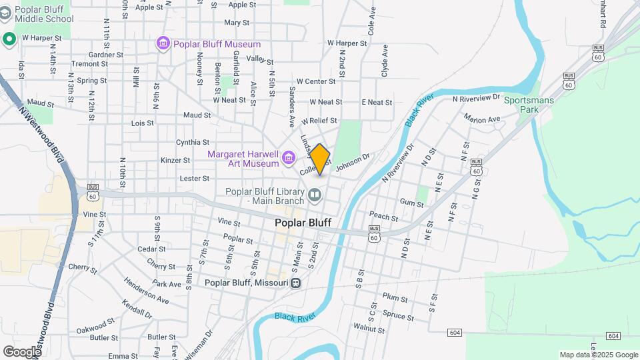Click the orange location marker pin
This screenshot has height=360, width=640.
point(320,159)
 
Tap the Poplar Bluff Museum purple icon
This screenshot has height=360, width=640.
point(163,44)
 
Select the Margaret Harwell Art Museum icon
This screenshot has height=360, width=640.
point(289,158)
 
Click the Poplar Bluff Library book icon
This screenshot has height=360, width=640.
point(315,196)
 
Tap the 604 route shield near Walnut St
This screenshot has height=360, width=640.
point(455,332)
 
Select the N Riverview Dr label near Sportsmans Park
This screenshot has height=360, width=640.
point(476,99)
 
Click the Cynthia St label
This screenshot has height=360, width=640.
point(193,142)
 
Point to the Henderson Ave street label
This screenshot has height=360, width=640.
point(146,291)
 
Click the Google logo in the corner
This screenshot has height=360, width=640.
point(22,351)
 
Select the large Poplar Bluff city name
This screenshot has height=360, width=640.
point(303,223)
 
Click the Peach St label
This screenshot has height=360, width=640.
point(383,217)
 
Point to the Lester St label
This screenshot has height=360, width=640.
point(195,179)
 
